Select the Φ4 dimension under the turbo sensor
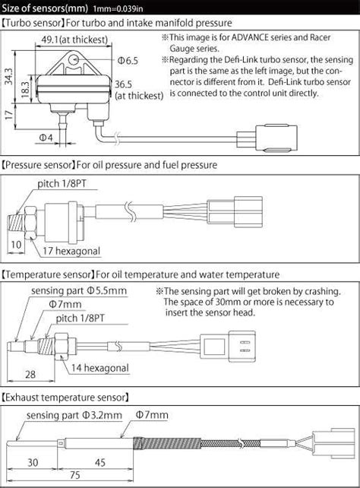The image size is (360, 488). (x=45, y=137)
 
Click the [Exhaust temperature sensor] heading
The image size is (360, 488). (x=66, y=398)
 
